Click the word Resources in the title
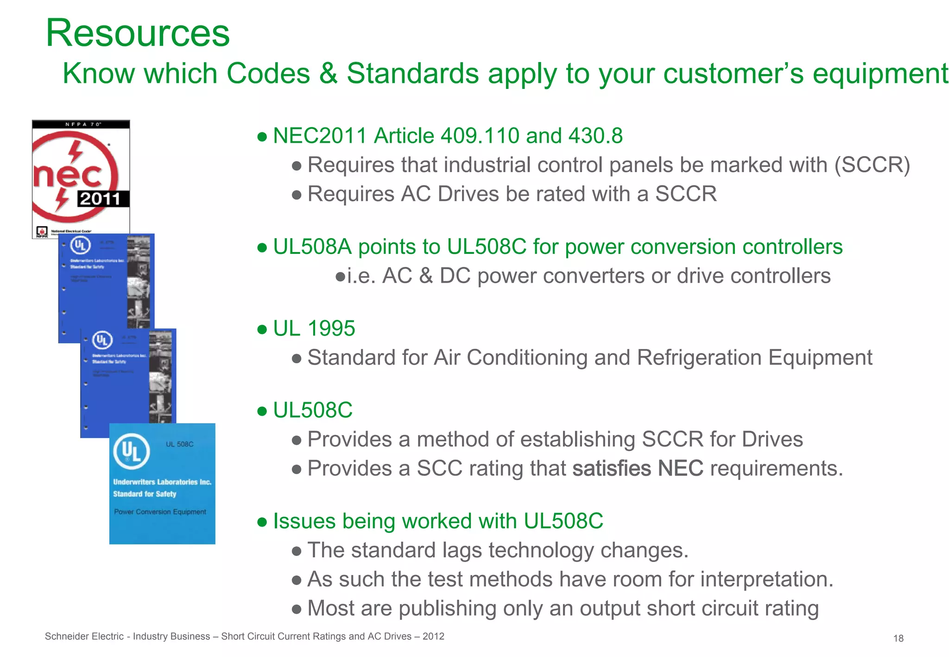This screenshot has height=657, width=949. point(138,33)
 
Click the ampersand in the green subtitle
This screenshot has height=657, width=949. point(328,74)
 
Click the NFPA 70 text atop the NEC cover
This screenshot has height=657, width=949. point(82,124)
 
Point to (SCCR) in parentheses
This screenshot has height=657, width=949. point(872,165)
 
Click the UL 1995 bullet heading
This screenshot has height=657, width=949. point(314,328)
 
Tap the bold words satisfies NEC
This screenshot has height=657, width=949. point(638,468)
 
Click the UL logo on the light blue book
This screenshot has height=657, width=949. point(132,451)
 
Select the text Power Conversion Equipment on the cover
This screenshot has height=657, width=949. point(160,512)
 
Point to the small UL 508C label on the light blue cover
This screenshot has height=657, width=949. point(180,444)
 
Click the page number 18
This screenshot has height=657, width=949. point(898,638)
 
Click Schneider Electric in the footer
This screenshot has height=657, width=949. point(84,637)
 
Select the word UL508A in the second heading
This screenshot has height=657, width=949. point(312,247)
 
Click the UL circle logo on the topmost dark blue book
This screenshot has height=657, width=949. point(80,245)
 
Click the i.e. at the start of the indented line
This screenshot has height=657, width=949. point(361,276)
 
